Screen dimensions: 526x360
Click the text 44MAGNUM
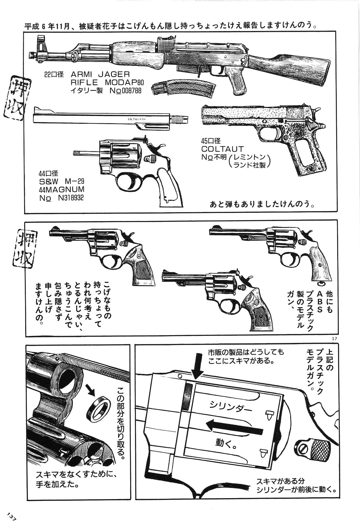pos(61,190)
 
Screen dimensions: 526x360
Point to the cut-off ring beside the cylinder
pos(99,406)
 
